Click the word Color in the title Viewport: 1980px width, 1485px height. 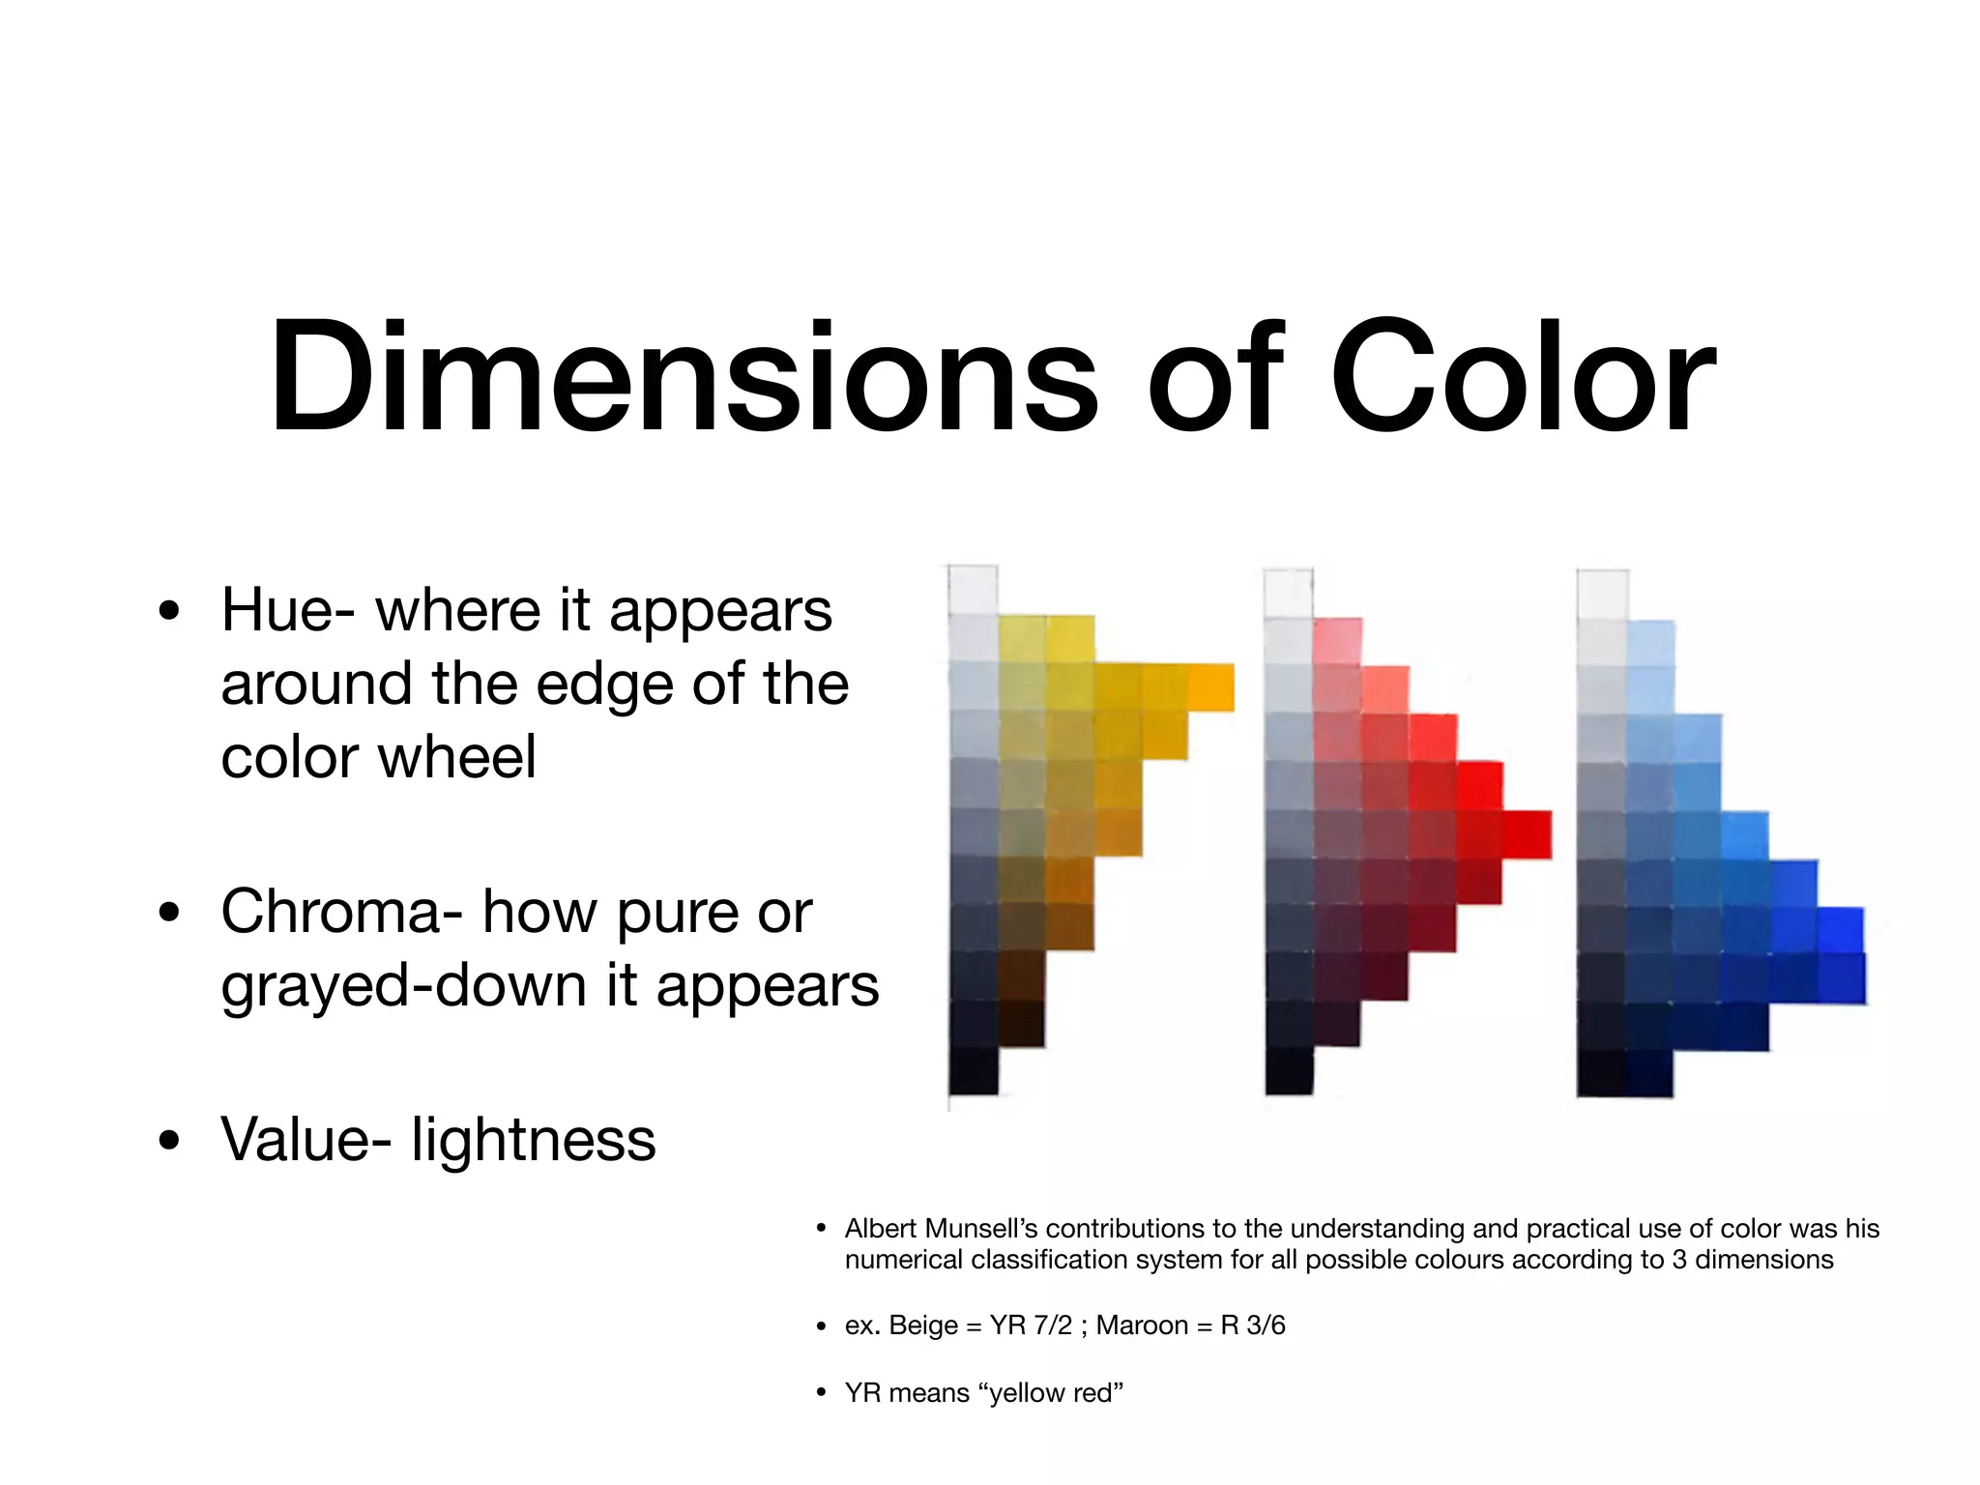pos(1522,377)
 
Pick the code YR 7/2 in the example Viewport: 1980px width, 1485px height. pos(1031,1325)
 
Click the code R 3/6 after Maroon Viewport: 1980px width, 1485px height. pos(1253,1325)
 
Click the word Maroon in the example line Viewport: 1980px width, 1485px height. pos(1142,1325)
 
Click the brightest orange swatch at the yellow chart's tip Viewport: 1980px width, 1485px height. pos(1211,687)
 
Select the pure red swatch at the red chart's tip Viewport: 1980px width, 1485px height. pos(1528,834)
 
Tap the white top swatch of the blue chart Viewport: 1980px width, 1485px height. pos(1602,594)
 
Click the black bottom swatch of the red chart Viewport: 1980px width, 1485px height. pos(1289,1071)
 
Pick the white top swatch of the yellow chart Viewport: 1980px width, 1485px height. pos(973,589)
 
